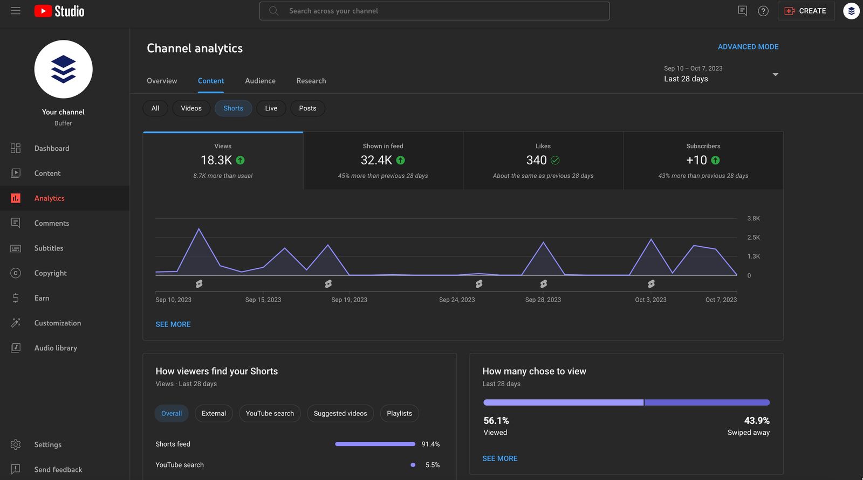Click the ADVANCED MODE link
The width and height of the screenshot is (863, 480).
point(748,47)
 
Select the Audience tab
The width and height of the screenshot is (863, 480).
point(260,81)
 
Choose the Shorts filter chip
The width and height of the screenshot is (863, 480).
point(233,108)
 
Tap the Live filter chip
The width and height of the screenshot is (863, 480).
point(271,108)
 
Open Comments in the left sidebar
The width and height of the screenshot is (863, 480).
point(51,223)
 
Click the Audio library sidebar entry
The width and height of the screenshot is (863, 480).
point(56,348)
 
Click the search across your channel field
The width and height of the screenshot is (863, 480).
point(434,11)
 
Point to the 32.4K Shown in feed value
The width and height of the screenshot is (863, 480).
point(376,160)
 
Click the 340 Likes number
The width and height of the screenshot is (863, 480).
point(536,160)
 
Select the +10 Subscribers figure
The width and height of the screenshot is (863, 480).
point(696,160)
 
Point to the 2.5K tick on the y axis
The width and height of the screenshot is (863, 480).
point(754,237)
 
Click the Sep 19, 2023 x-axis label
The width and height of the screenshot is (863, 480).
point(349,300)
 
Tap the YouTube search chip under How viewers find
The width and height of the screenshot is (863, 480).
point(270,413)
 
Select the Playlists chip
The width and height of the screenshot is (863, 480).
point(399,413)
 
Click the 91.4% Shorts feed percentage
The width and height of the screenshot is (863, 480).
point(430,444)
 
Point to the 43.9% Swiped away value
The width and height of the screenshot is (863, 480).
point(756,420)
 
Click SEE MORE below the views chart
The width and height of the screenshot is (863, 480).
point(173,324)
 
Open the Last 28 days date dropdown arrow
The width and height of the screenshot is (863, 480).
point(775,74)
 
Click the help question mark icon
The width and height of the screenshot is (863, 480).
point(763,11)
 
